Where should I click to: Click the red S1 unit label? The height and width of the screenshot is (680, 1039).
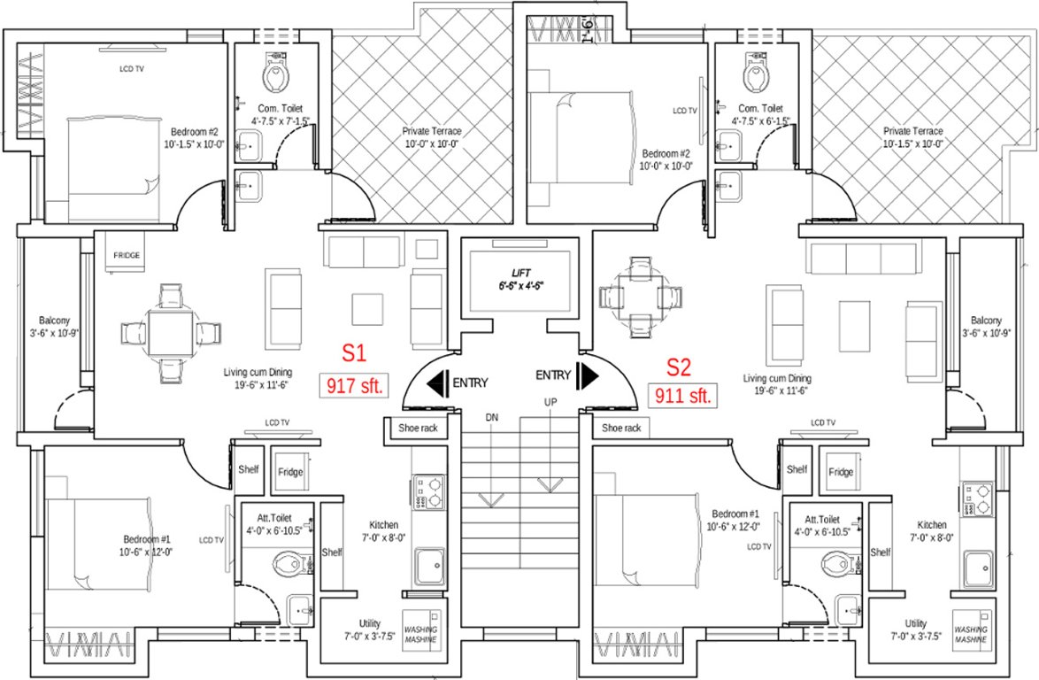(354, 353)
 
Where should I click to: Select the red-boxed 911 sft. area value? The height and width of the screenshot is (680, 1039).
(682, 395)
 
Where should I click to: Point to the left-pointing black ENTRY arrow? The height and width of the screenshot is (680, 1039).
(437, 382)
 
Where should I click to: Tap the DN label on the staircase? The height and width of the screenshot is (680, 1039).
(492, 416)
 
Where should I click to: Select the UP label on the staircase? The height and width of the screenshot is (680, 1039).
(550, 403)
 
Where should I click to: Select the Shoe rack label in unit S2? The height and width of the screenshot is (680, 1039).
(620, 428)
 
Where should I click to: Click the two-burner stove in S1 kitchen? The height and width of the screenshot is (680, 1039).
(430, 493)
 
